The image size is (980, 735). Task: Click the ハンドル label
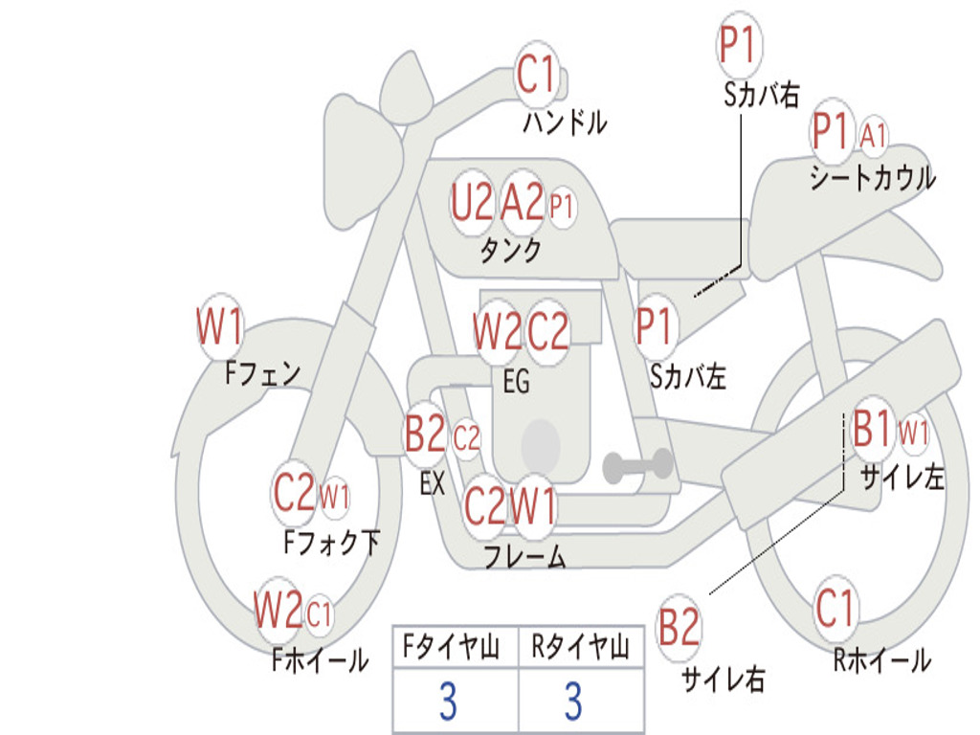click(565, 122)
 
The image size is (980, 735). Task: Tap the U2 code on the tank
click(472, 203)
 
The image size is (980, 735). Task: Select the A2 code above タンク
click(523, 203)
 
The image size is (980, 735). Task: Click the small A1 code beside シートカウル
click(873, 136)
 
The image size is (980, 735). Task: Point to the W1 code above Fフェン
click(219, 327)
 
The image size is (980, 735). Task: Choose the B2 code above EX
click(426, 435)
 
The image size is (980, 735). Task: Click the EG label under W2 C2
click(516, 382)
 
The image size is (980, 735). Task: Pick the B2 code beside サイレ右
click(679, 628)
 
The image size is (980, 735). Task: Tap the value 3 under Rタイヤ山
click(572, 702)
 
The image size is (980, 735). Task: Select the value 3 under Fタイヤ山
click(447, 702)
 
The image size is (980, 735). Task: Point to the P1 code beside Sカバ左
click(657, 326)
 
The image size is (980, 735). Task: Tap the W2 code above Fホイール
click(278, 610)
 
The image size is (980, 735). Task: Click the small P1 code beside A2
click(562, 205)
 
